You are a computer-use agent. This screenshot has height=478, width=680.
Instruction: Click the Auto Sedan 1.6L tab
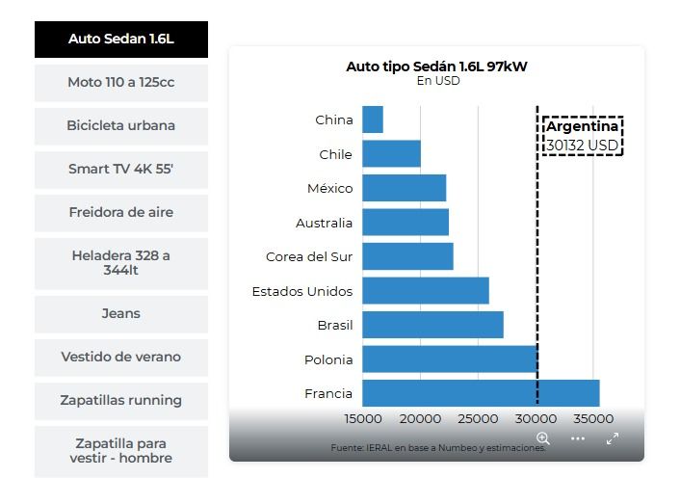point(121,40)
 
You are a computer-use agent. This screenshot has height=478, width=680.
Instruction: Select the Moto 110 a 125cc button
point(121,83)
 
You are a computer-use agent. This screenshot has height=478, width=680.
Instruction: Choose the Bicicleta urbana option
point(121,126)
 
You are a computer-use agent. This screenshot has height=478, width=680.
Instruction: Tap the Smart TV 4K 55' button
point(121,170)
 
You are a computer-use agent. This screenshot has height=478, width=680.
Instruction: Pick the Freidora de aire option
point(121,213)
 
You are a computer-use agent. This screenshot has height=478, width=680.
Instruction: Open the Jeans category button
point(121,314)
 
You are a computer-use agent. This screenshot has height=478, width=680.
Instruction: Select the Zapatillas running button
point(121,401)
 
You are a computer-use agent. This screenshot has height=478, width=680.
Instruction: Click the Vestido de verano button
point(121,358)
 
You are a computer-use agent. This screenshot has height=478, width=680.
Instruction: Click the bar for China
point(373,120)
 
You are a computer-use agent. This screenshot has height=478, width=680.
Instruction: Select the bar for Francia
point(481,394)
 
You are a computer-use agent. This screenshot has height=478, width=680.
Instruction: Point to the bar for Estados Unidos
point(426,291)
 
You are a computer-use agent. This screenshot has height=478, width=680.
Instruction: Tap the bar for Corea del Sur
point(407,257)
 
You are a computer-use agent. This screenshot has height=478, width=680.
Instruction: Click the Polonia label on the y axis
point(329,360)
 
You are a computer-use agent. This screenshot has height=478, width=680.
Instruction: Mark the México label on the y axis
point(329,189)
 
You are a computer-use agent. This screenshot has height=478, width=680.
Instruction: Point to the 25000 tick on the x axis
point(479,419)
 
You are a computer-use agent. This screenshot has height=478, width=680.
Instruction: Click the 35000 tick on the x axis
point(593,419)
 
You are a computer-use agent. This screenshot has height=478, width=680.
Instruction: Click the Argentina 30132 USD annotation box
point(583,136)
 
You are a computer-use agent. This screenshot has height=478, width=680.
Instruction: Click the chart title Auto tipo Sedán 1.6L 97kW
point(436,66)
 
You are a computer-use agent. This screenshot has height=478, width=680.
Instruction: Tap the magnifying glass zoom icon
point(543,438)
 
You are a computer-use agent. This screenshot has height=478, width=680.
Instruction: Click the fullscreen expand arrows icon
point(612,438)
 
